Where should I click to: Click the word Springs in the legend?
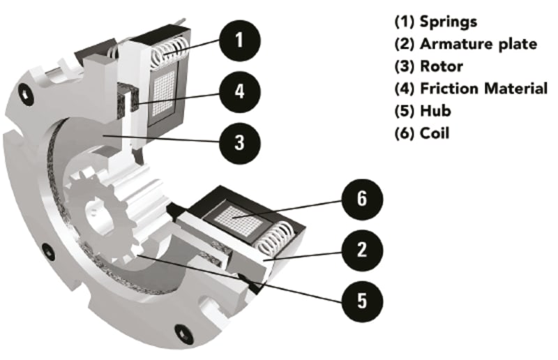coord(448,21)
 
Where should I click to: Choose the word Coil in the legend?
coord(435,133)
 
